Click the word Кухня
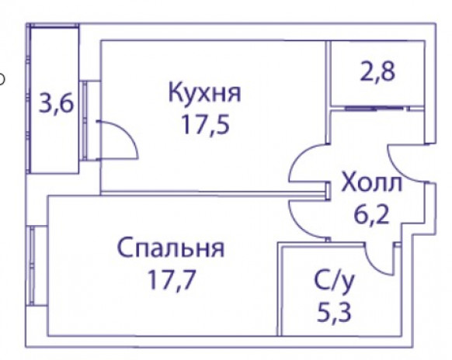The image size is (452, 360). pyautogui.click(x=204, y=93)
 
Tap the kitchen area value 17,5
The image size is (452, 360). pyautogui.click(x=205, y=125)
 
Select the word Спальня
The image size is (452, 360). pyautogui.click(x=171, y=248)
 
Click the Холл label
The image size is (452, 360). pyautogui.click(x=371, y=182)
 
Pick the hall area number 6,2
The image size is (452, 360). pyautogui.click(x=371, y=215)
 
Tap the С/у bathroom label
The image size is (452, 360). pyautogui.click(x=334, y=281)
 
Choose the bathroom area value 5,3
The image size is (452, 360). pyautogui.click(x=334, y=313)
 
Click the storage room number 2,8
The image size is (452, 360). pyautogui.click(x=377, y=72)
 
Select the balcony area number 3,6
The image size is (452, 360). pyautogui.click(x=56, y=104)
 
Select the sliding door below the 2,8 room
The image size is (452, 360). pyautogui.click(x=374, y=109)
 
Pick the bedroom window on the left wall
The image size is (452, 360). pyautogui.click(x=32, y=265)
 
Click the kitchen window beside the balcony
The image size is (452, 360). pyautogui.click(x=85, y=120)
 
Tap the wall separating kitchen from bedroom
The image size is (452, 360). pyautogui.click(x=214, y=193)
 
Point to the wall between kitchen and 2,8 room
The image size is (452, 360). pyautogui.click(x=328, y=92)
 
